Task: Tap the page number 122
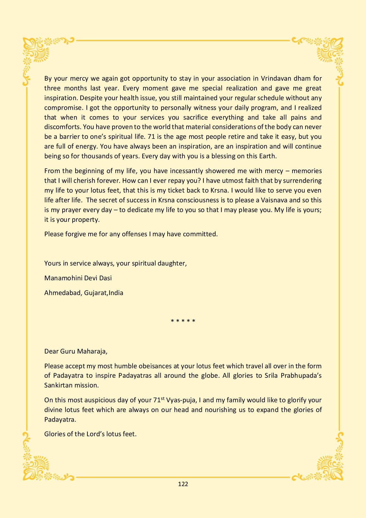(x=183, y=484)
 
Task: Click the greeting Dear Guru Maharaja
(x=76, y=351)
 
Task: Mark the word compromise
(x=62, y=107)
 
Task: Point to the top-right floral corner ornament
(x=330, y=52)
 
